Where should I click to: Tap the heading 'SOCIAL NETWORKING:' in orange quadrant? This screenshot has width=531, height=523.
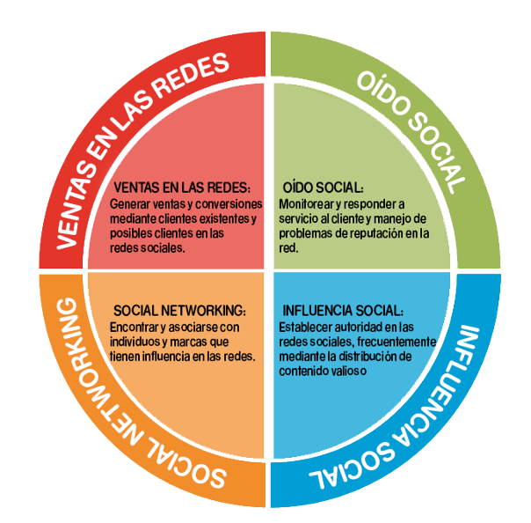point(179,312)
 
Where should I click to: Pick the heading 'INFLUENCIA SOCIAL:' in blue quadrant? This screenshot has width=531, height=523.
point(342,312)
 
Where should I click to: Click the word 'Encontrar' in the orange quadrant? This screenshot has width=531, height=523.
point(136,327)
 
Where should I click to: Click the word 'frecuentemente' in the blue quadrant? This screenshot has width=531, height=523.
point(396,342)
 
